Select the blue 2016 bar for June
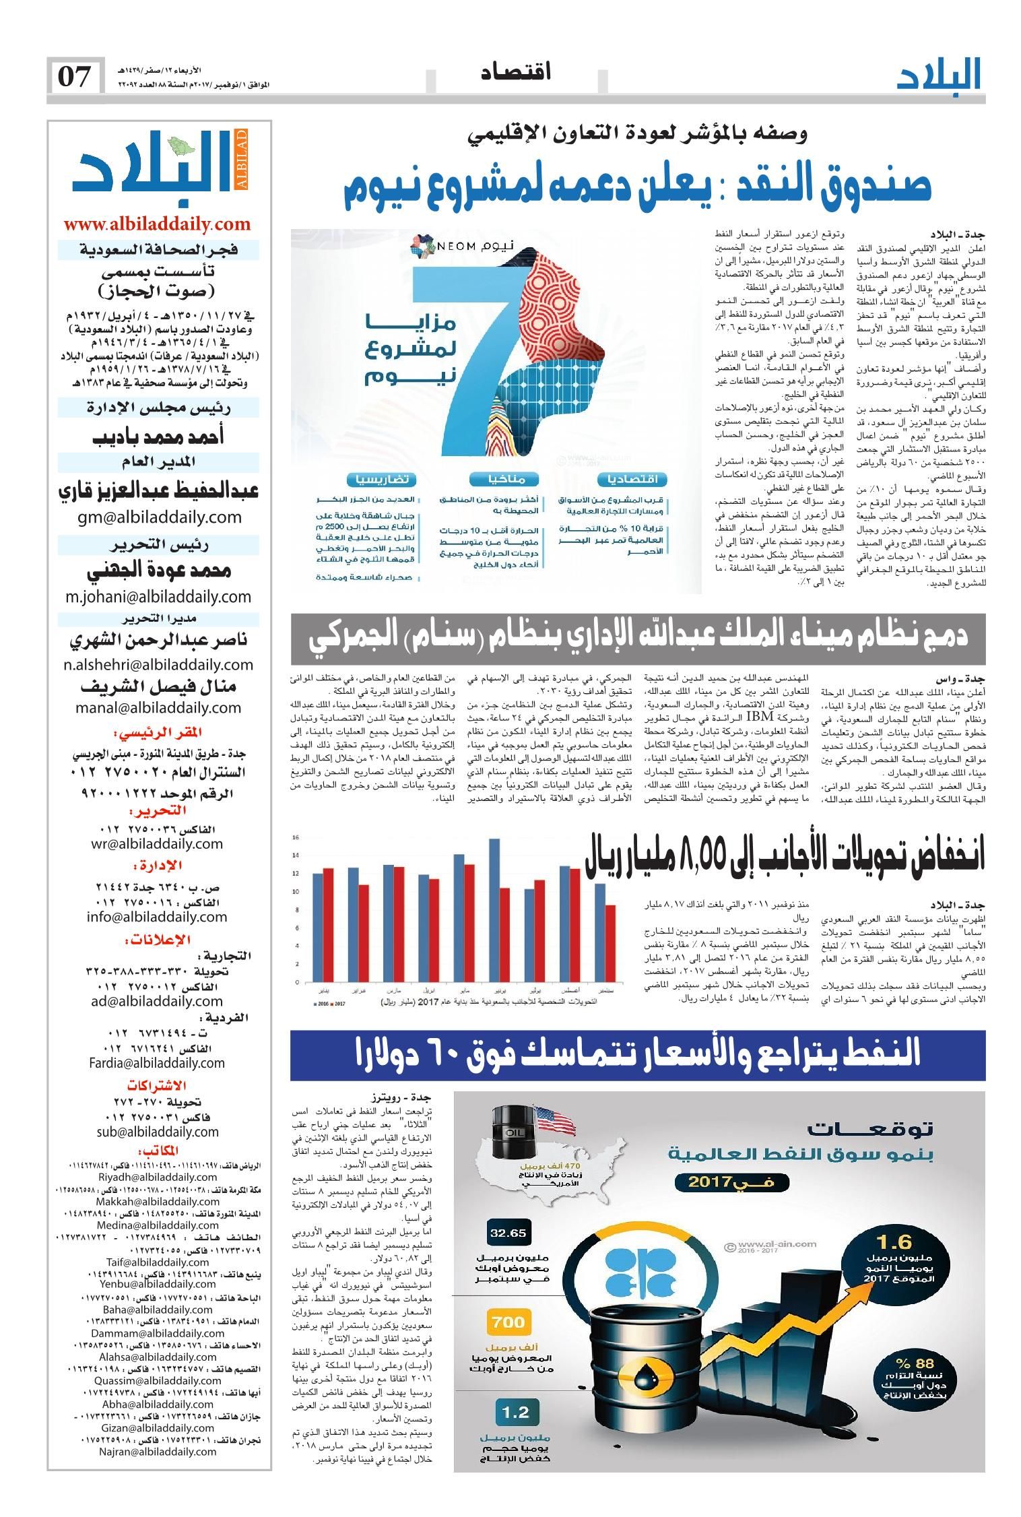[x=494, y=910]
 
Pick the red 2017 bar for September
[x=610, y=943]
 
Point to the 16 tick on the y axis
[x=295, y=837]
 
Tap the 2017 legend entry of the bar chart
[x=336, y=1002]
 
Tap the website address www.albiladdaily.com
[x=157, y=224]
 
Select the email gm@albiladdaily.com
[x=158, y=517]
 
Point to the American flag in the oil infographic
[x=556, y=1122]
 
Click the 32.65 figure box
[x=508, y=1233]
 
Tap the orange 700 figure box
[x=508, y=1322]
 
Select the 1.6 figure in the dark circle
[x=894, y=1241]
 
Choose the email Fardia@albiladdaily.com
[x=156, y=1063]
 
